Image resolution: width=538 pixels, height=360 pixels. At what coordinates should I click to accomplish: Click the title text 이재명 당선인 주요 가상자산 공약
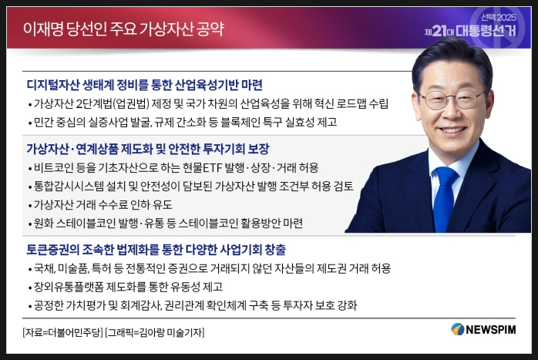[x=123, y=29]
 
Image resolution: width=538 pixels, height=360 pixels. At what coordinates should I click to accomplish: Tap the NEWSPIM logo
[x=483, y=329]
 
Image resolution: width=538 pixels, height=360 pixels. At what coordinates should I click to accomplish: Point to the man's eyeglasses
[x=452, y=99]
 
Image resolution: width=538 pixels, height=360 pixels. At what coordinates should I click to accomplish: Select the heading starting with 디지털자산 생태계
[x=144, y=85]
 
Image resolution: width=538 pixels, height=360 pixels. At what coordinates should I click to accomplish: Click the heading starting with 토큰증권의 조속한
[x=156, y=250]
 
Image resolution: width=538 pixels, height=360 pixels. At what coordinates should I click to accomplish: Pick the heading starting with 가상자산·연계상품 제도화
[x=148, y=149]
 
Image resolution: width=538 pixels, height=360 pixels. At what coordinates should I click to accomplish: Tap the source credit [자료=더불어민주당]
[x=62, y=332]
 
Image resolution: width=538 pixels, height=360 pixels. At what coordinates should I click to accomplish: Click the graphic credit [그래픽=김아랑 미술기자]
[x=155, y=332]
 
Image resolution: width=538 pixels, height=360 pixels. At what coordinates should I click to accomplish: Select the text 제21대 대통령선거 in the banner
[x=470, y=32]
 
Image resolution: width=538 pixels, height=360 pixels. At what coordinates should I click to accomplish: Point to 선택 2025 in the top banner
[x=498, y=17]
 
